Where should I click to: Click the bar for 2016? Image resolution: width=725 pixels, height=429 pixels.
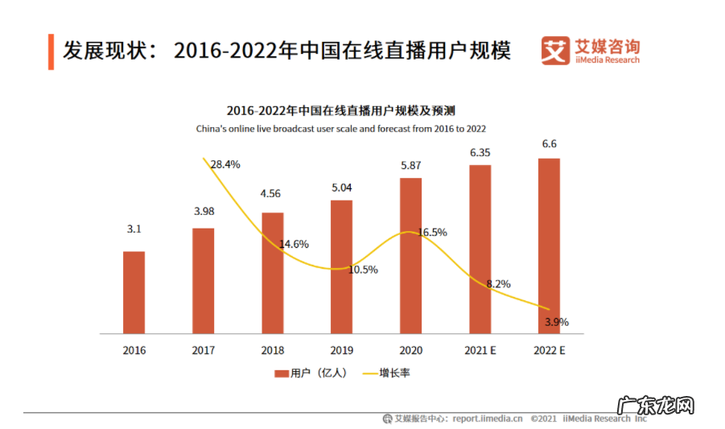pos(134,292)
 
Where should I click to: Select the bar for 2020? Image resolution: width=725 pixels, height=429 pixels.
pos(410,255)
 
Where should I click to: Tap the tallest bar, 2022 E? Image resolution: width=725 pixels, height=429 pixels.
pos(549,245)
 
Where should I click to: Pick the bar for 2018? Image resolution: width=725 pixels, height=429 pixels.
pos(272,273)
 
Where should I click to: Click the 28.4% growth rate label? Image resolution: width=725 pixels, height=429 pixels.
pos(225,164)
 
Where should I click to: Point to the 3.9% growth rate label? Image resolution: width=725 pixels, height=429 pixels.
pos(556,322)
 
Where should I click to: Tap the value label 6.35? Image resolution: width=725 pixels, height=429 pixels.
pos(480,152)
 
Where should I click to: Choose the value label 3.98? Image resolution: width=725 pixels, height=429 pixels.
pos(203,212)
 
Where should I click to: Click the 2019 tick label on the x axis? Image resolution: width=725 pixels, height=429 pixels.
pos(341,351)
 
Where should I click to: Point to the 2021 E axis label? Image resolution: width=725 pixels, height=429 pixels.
pos(480,351)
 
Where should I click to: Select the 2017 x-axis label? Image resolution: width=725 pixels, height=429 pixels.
pos(203,351)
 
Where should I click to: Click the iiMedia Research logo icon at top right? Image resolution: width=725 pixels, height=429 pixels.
pos(554,52)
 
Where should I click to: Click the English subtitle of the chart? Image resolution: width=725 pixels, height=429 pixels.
pos(340,128)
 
